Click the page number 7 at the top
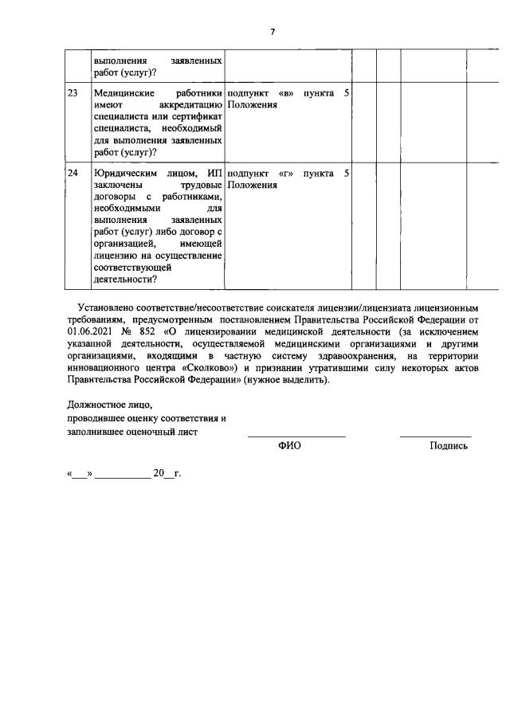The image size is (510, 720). click(x=273, y=31)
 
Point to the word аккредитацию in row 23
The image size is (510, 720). click(x=191, y=105)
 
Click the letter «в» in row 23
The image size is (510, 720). click(x=284, y=93)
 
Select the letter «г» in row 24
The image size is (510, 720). click(x=284, y=173)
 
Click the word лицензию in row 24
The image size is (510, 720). click(x=117, y=255)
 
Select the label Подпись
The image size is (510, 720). click(x=448, y=446)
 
